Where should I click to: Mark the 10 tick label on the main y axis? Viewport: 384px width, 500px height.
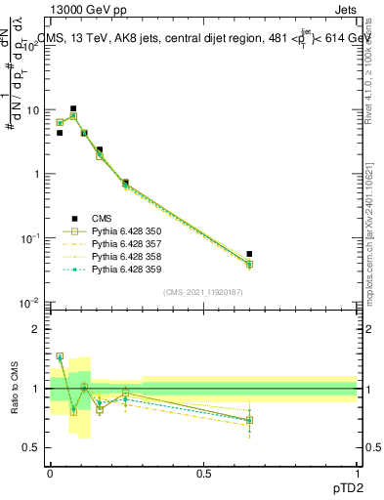[x=35, y=110]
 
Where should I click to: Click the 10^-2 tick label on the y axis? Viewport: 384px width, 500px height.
[x=33, y=302]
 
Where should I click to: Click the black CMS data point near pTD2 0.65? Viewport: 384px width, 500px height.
[x=249, y=254]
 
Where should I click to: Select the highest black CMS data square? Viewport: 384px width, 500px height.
[x=73, y=108]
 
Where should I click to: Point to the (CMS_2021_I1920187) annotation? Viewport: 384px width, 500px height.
[x=203, y=291]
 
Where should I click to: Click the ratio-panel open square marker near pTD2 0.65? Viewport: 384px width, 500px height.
[x=249, y=420]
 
